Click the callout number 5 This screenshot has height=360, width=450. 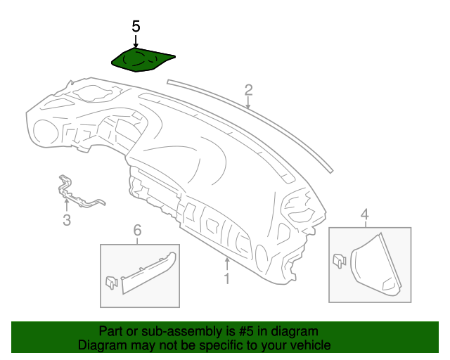[136, 26]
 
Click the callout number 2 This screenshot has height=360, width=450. [248, 89]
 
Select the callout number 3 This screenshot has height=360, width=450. [67, 221]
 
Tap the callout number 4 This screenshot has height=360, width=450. [364, 214]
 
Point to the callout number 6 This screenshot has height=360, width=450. [137, 231]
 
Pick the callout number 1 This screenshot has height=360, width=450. [226, 280]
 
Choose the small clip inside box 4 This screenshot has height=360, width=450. [338, 260]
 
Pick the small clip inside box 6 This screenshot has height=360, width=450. [110, 281]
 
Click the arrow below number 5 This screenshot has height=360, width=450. [136, 40]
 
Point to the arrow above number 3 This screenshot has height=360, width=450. [67, 205]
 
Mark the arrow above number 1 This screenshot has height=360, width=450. [226, 264]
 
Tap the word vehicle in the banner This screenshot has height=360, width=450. [309, 345]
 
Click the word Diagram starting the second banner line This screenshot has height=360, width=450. [103, 345]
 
